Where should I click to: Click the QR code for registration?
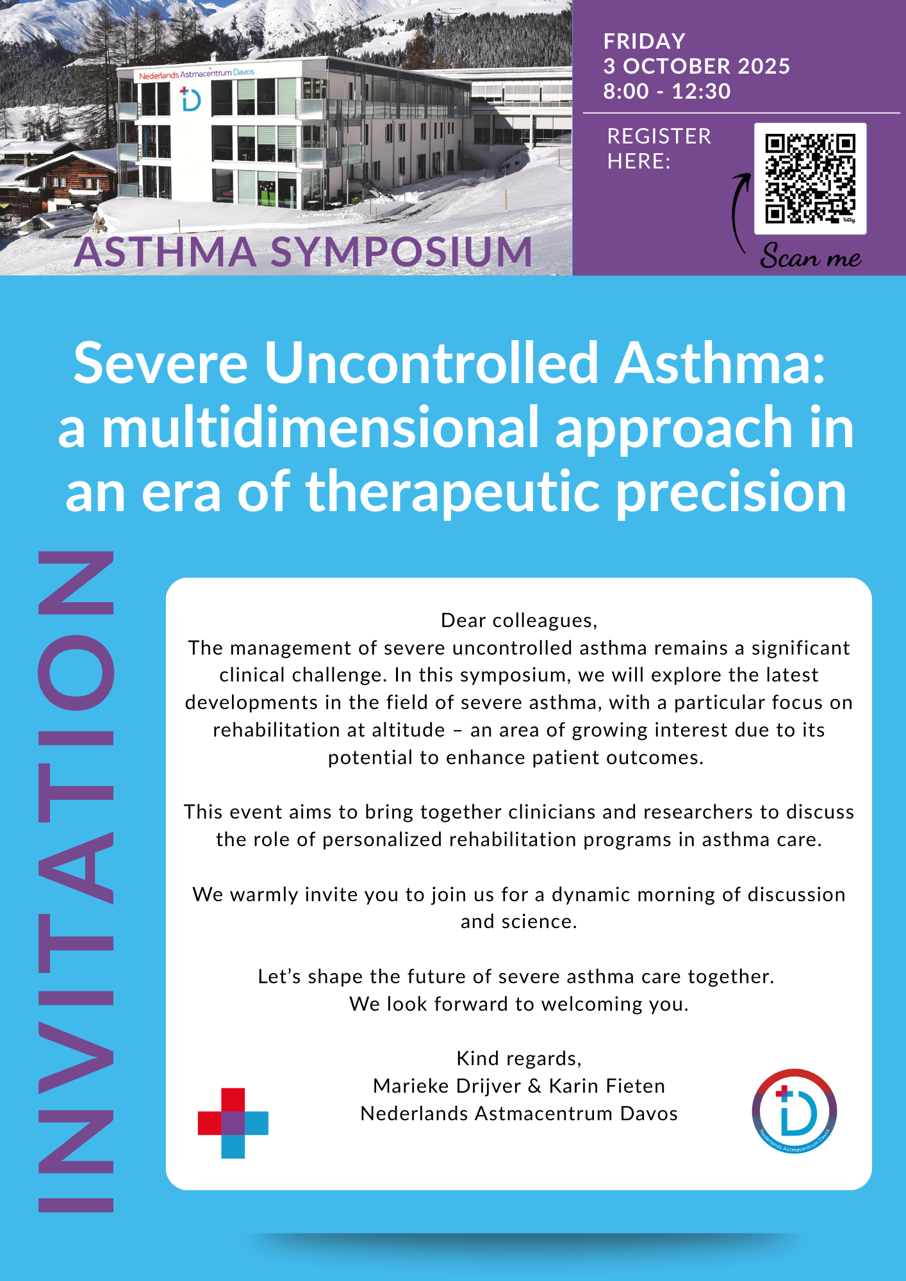point(810,179)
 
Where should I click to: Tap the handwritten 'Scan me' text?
point(811,256)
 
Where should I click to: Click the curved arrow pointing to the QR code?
point(738,211)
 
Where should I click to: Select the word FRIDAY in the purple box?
point(644,42)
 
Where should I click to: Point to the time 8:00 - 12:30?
point(667,91)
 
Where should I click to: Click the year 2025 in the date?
point(764,66)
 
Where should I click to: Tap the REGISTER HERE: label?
point(659,149)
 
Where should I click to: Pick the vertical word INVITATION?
point(76,881)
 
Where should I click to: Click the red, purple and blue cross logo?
point(233,1123)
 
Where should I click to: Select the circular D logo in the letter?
point(794,1111)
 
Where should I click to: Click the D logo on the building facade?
point(190,99)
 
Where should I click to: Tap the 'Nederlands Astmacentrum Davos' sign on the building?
point(197,74)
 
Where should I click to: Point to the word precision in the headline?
point(732,493)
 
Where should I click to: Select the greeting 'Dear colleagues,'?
point(519,620)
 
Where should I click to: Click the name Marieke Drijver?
point(447,1086)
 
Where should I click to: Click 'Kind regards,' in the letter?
point(519,1058)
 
